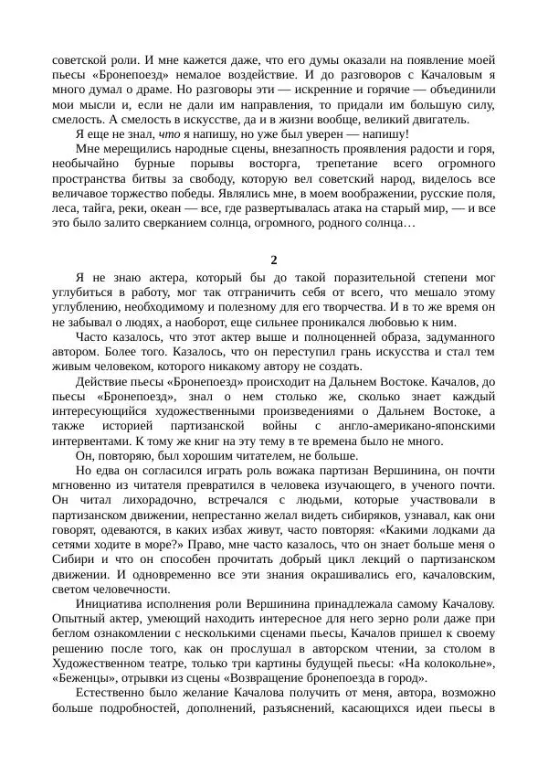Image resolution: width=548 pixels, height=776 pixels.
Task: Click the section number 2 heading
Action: point(274,258)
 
